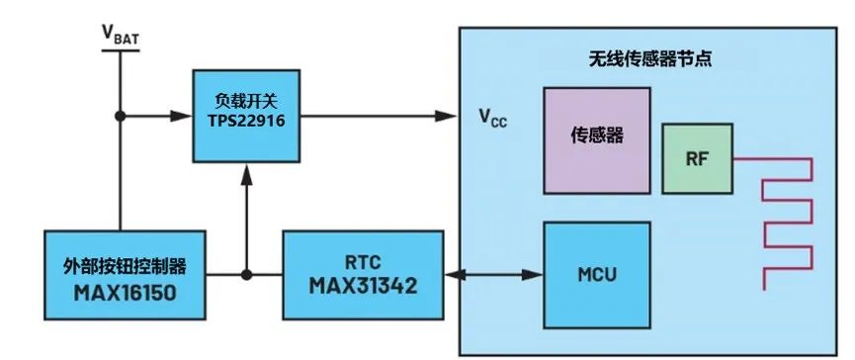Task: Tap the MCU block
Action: [597, 274]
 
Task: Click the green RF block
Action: [697, 158]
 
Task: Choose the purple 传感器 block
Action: [597, 136]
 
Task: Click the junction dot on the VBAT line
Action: [121, 115]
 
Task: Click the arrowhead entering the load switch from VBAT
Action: [185, 115]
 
